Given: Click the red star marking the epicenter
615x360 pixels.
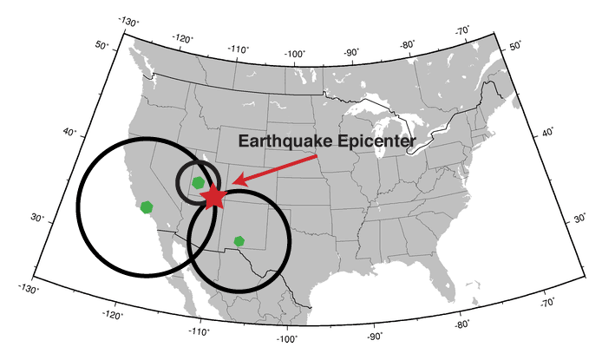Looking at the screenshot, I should coord(213,197).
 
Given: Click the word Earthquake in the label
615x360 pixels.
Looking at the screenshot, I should coord(283,141).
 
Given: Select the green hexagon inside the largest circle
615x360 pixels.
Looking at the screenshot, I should coord(147,206).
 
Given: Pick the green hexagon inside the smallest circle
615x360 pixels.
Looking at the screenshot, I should coord(199,182).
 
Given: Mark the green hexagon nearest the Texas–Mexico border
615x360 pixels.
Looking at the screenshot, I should coord(239,241).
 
